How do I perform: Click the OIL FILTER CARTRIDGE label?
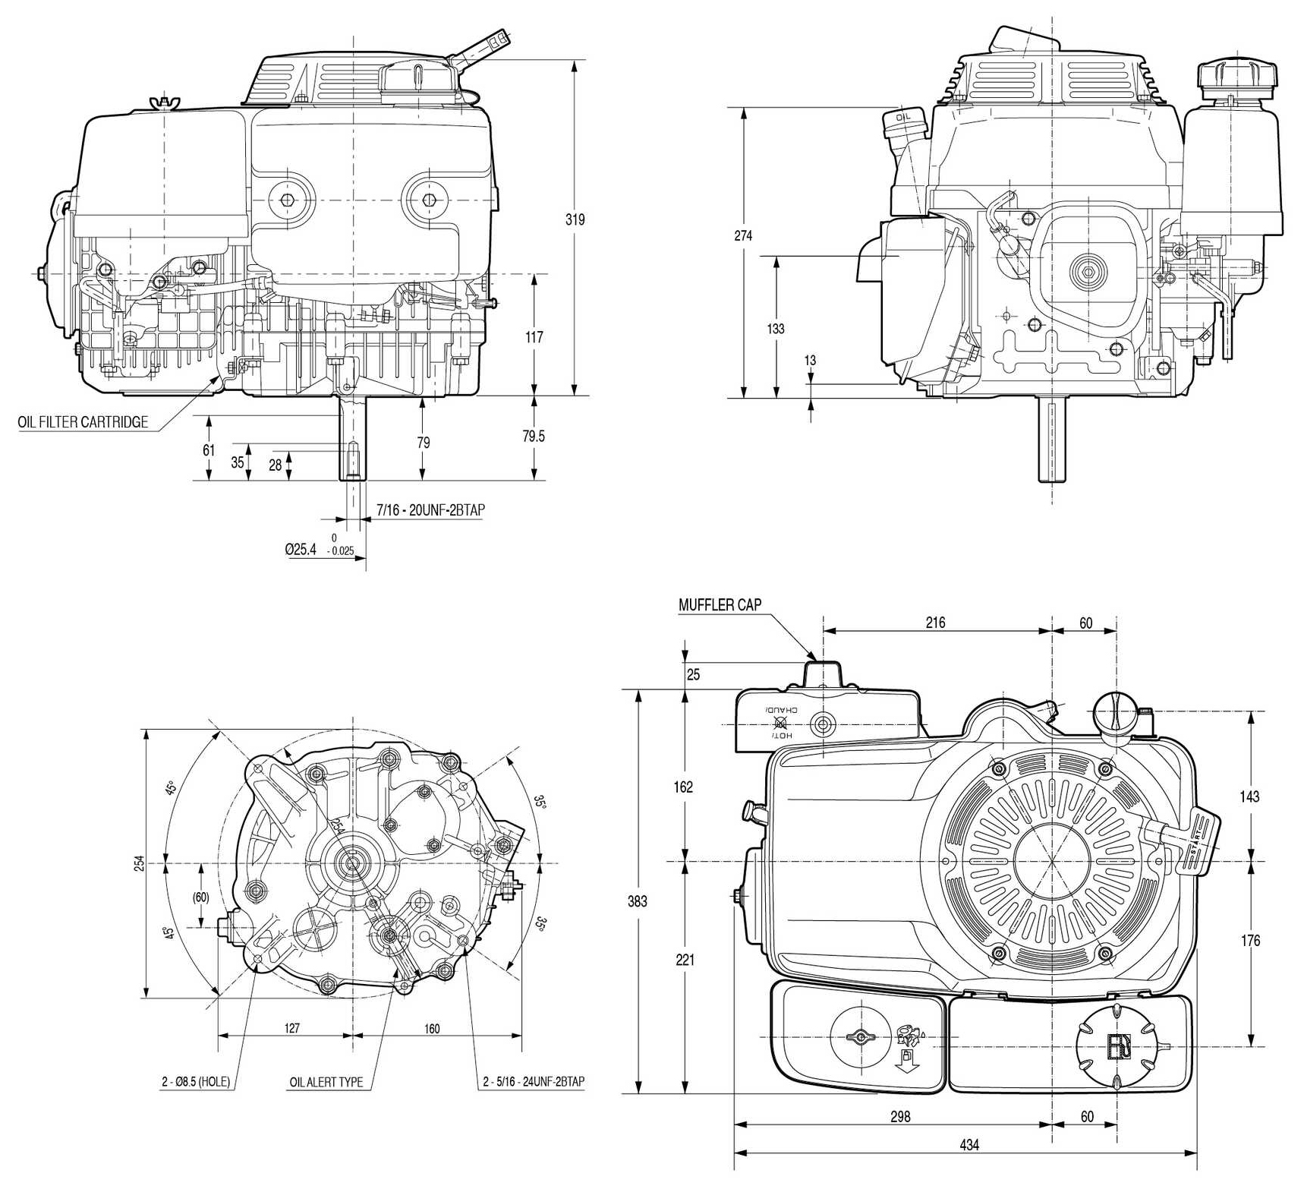click(83, 422)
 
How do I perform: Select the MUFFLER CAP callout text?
click(720, 605)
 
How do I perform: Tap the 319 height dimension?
click(575, 219)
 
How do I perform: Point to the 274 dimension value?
click(743, 235)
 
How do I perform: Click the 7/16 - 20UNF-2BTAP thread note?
click(430, 510)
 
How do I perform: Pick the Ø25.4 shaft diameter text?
click(301, 548)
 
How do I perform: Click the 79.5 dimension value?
click(534, 437)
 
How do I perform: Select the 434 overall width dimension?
click(969, 1144)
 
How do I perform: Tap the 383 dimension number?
click(638, 900)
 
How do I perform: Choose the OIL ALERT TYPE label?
click(326, 1082)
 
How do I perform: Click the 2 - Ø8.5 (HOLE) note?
click(195, 1082)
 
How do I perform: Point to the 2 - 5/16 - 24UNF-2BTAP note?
click(534, 1082)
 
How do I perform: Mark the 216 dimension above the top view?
click(935, 623)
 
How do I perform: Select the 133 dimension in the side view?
click(776, 329)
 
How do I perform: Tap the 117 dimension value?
click(534, 336)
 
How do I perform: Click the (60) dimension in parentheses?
click(200, 897)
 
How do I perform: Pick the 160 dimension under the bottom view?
click(431, 1029)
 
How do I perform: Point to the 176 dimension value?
click(1250, 940)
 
